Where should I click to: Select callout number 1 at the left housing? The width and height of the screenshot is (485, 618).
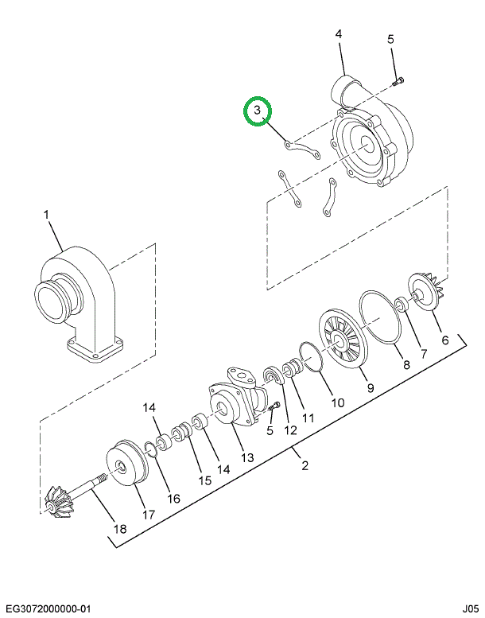point(46,215)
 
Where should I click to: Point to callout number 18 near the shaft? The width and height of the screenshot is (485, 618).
point(120,527)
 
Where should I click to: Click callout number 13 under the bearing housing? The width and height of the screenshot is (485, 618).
point(247,457)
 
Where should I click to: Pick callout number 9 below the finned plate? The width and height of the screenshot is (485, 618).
point(370,387)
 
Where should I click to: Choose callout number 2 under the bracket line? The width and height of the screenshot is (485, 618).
point(305,466)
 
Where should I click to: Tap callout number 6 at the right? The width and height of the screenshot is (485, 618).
point(444,340)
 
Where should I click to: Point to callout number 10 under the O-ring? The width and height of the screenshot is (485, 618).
point(337,402)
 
